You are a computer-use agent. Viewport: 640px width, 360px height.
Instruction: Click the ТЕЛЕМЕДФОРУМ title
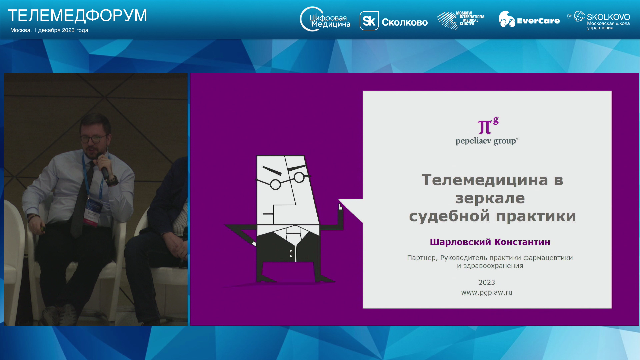[77, 16]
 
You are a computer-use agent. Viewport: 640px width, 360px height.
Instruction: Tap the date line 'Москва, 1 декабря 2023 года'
[49, 30]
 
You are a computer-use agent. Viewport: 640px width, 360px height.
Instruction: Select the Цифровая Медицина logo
[325, 19]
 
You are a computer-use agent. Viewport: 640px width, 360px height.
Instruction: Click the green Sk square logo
[369, 21]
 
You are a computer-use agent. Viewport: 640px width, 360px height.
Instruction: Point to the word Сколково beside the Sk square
[405, 22]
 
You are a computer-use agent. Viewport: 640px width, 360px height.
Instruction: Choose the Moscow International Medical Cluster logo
[461, 20]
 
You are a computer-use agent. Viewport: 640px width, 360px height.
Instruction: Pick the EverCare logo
[529, 19]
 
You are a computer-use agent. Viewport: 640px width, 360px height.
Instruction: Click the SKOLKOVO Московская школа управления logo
[598, 20]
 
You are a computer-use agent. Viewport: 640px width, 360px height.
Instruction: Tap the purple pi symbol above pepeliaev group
[488, 125]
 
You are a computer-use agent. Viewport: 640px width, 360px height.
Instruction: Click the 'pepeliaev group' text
[487, 141]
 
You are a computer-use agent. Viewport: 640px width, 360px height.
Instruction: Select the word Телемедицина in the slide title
[485, 180]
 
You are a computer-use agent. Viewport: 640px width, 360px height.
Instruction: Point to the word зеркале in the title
[490, 198]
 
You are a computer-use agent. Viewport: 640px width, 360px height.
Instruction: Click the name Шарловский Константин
[490, 242]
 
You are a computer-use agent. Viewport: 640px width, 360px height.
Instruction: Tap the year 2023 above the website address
[487, 283]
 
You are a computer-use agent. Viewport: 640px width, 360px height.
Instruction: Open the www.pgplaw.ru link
[487, 292]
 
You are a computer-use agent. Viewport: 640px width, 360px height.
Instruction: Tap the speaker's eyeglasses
[94, 138]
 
